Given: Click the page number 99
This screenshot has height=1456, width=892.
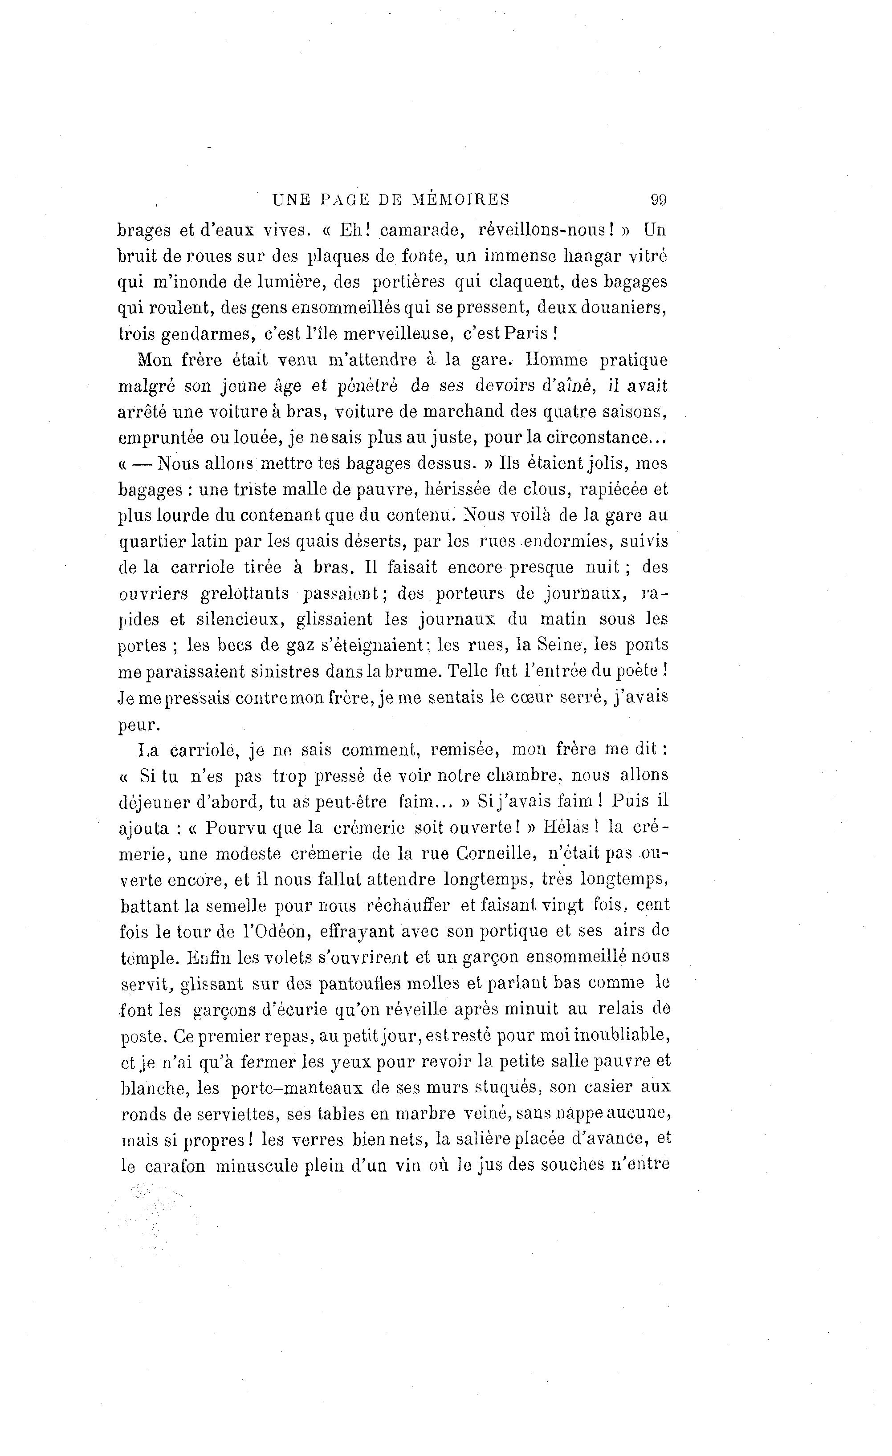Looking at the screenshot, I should tap(658, 200).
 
